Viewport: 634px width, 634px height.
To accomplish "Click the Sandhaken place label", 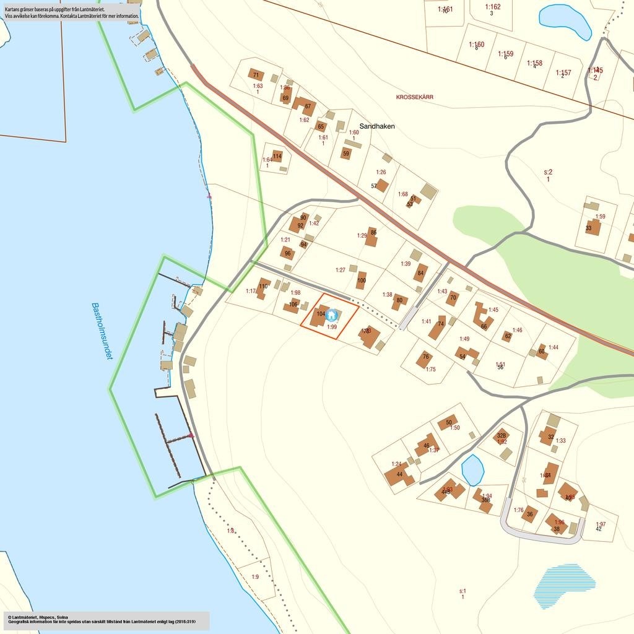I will pyautogui.click(x=377, y=126).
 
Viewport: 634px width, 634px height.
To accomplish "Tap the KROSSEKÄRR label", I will pyautogui.click(x=415, y=97).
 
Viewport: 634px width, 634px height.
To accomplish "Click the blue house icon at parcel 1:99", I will pyautogui.click(x=331, y=315).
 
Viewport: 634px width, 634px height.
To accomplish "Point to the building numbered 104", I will pyautogui.click(x=319, y=315).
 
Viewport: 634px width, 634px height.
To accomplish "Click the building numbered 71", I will pyautogui.click(x=256, y=75).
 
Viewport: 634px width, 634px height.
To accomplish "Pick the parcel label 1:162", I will pyautogui.click(x=493, y=7).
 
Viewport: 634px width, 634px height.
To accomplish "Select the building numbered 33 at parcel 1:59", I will pyautogui.click(x=593, y=227).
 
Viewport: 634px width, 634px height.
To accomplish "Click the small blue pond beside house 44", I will pyautogui.click(x=473, y=471).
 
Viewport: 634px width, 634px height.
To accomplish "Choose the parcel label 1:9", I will pyautogui.click(x=255, y=576).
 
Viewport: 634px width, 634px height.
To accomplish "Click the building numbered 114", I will pyautogui.click(x=277, y=157).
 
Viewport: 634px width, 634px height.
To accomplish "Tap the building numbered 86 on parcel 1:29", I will pyautogui.click(x=371, y=237).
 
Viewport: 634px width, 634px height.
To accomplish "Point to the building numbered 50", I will pyautogui.click(x=447, y=423).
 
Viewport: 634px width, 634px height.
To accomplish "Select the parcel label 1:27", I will pyautogui.click(x=340, y=270).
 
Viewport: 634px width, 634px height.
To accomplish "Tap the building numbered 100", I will pyautogui.click(x=361, y=280).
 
